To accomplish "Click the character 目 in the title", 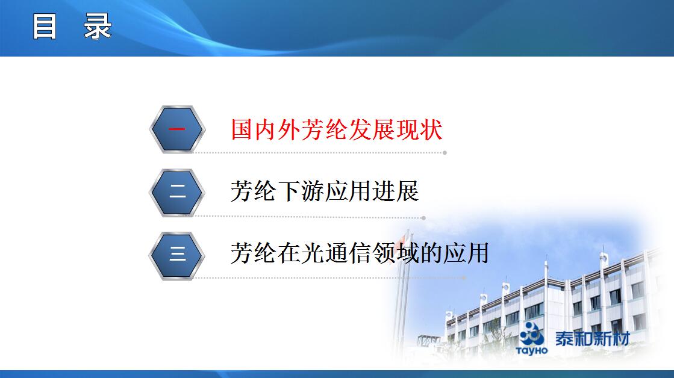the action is tap(45, 26).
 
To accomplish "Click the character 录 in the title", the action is tap(98, 26).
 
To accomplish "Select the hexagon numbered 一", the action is tap(177, 129).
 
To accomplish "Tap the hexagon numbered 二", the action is tap(176, 192).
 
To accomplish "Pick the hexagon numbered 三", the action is tap(176, 256).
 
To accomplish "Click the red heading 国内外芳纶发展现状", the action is tap(337, 129).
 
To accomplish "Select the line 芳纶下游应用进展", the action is tap(325, 191).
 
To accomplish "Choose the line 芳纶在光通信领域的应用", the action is tap(360, 253).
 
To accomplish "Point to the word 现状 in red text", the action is tap(419, 129).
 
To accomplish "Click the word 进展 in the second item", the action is tap(395, 191).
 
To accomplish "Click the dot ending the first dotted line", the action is tap(445, 152).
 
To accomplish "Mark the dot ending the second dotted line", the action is tap(423, 218).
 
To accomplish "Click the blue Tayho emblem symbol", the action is tap(532, 333).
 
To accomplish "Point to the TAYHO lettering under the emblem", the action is tap(532, 350).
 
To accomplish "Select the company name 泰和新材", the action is tap(593, 338).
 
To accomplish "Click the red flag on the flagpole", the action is tap(402, 237).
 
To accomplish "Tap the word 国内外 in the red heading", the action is tap(266, 129).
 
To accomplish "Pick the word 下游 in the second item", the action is tap(301, 191).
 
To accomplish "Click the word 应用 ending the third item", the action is tap(466, 253).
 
